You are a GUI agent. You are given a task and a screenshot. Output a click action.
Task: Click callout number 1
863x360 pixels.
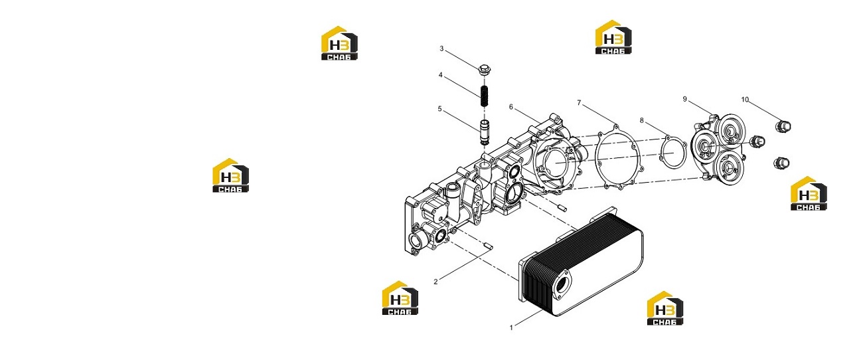[511, 327]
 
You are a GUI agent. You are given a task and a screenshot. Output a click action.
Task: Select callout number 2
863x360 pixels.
[435, 282]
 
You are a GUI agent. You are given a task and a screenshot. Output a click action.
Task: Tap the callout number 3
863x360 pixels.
[441, 48]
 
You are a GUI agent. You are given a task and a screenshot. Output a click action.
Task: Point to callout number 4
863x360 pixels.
[440, 75]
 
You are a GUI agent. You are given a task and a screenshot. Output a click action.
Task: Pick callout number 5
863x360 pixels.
[439, 109]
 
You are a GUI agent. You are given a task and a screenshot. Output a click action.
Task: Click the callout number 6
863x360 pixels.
[511, 107]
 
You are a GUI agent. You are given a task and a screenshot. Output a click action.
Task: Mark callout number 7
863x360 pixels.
[579, 102]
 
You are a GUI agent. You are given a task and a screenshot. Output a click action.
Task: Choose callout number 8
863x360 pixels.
[641, 120]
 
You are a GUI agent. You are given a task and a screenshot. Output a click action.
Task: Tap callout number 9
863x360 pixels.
[684, 99]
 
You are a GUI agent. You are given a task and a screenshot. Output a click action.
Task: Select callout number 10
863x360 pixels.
[745, 100]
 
